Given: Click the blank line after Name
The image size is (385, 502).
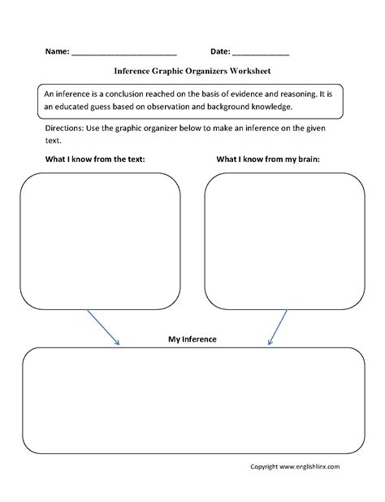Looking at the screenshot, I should pos(124,53).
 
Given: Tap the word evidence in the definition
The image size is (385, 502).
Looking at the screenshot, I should pos(242,93).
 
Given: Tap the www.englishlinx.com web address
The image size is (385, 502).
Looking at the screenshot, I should pos(309,466).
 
